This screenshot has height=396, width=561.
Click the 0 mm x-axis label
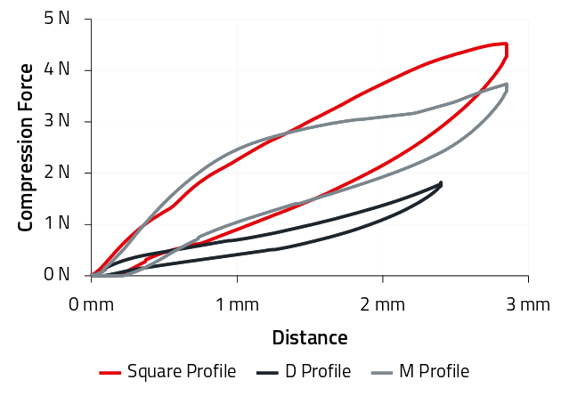click(x=92, y=305)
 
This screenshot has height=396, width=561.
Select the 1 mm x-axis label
click(x=237, y=305)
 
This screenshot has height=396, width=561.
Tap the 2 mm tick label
click(x=383, y=305)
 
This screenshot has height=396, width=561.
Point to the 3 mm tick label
click(x=528, y=305)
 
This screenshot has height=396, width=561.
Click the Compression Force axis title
click(x=27, y=147)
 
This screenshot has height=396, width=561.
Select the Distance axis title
click(x=309, y=338)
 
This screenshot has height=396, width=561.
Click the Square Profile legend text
click(x=182, y=372)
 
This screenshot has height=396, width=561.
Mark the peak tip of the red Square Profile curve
click(x=505, y=44)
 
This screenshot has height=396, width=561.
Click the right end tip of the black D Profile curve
click(x=441, y=183)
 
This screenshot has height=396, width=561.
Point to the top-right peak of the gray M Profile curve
click(x=506, y=85)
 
